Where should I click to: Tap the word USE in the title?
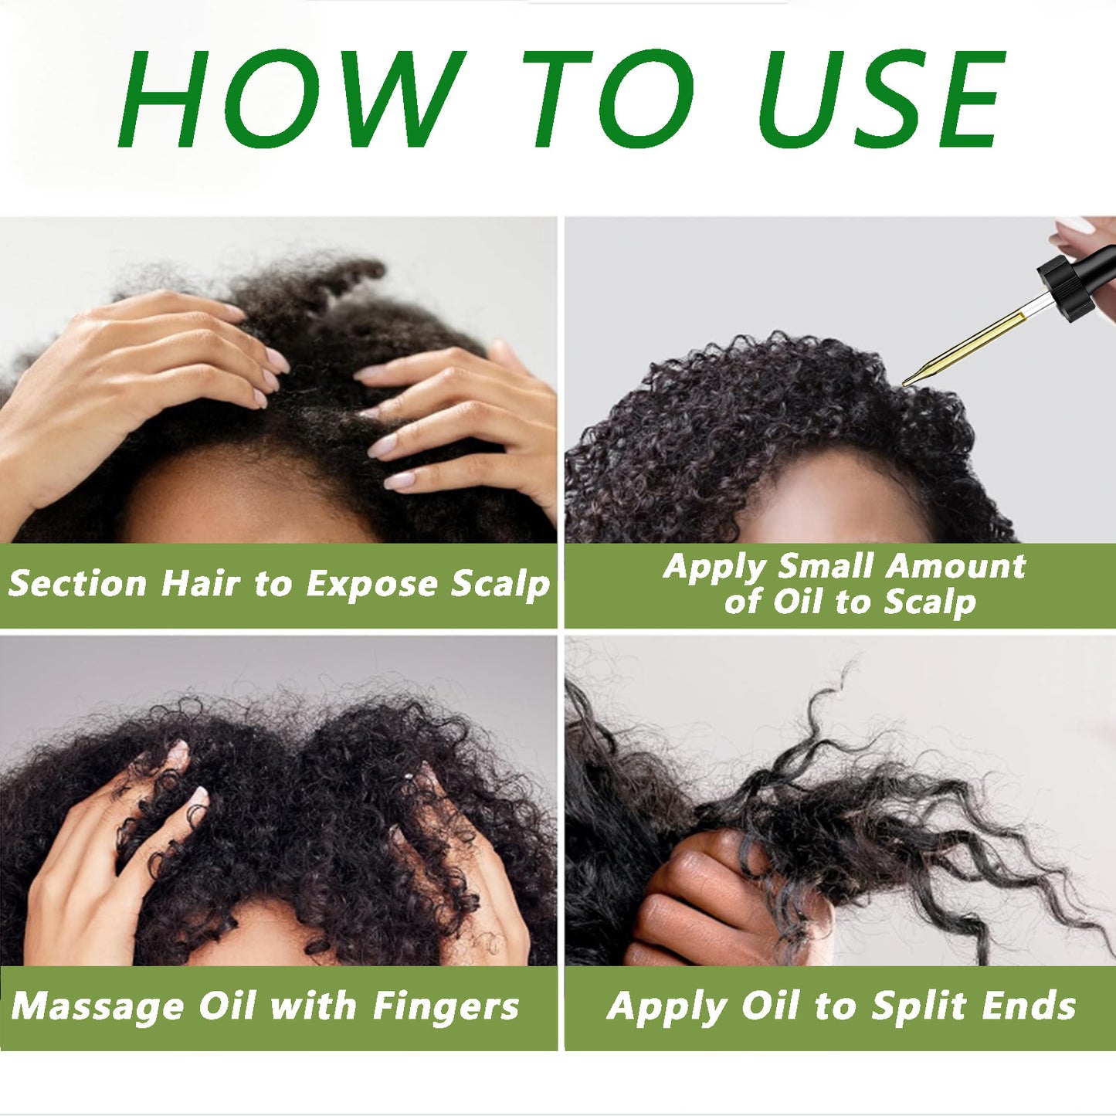point(881,99)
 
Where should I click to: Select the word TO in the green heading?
point(607,99)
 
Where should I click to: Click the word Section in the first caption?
point(77,583)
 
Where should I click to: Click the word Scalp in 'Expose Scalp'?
point(500,585)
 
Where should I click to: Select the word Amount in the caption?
point(956,566)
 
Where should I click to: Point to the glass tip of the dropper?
point(912,379)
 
